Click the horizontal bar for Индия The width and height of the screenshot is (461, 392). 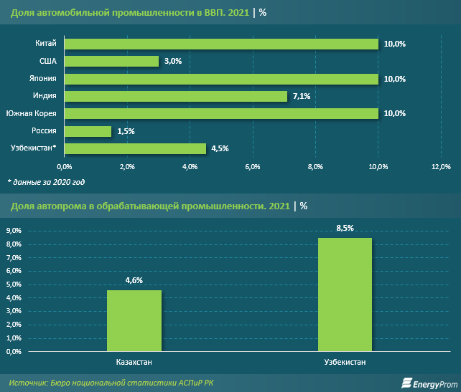point(176,96)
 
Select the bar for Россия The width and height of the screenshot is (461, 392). point(88,131)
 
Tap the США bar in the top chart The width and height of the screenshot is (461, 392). point(112,62)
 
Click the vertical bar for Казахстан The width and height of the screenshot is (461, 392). point(134,320)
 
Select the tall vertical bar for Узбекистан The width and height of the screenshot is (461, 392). point(345,295)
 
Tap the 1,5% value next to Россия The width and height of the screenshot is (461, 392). point(125,131)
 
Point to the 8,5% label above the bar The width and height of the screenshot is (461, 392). point(345,228)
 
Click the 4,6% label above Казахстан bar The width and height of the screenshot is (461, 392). point(134,280)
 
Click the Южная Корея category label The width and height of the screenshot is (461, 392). point(32,113)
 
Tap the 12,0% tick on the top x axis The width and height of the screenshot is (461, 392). point(441,167)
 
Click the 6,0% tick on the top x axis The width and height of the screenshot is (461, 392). point(253,167)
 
